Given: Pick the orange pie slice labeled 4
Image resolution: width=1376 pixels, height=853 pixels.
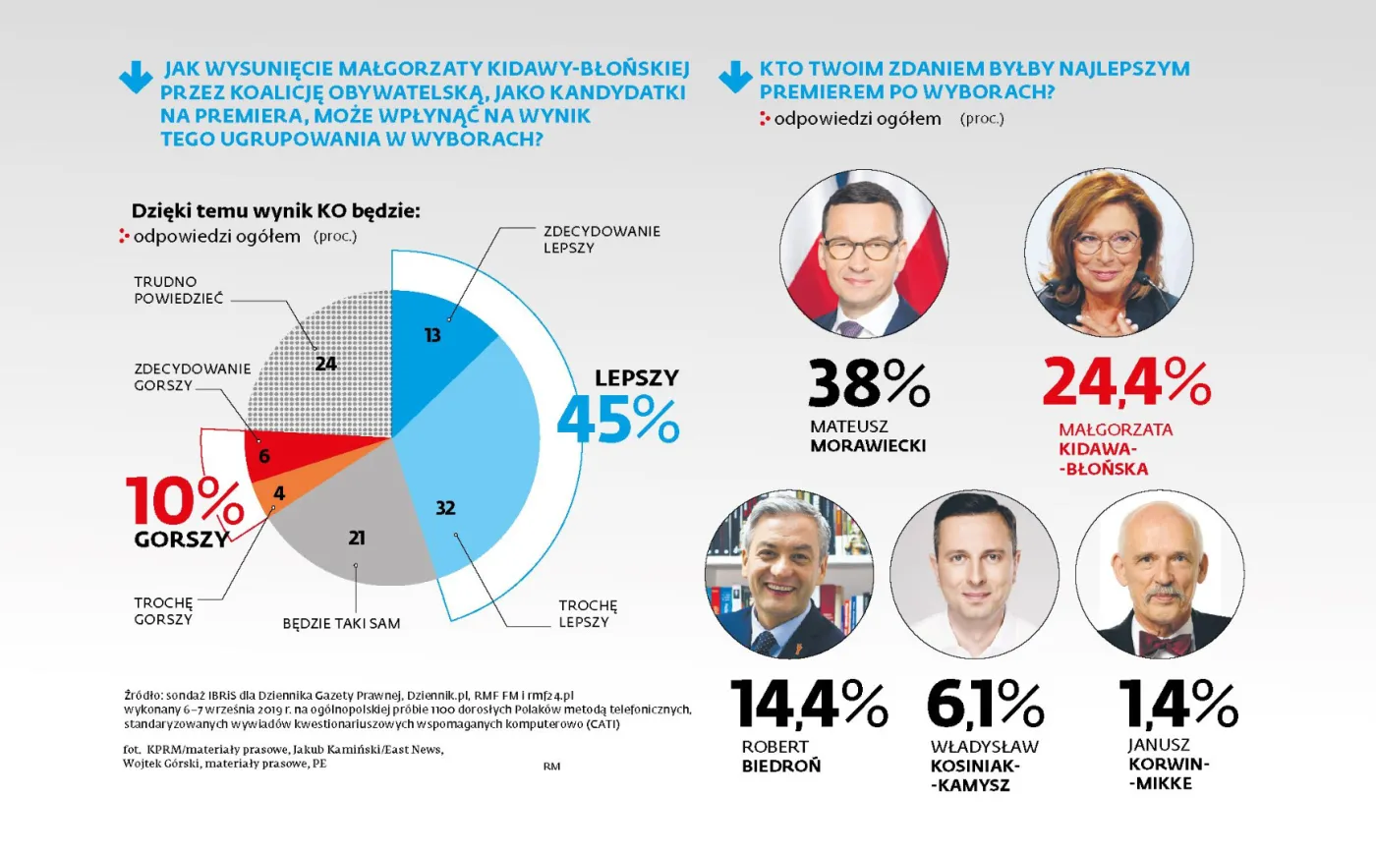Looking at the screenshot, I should pos(279,493).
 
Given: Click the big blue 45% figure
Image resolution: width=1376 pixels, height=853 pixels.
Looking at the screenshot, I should pos(617,420).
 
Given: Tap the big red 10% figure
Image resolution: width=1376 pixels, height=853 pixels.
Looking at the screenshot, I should pos(184,502).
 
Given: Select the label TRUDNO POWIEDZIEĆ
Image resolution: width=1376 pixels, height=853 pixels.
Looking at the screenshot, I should pos(166,289).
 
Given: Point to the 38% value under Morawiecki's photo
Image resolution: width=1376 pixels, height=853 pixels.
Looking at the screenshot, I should pos(868,383).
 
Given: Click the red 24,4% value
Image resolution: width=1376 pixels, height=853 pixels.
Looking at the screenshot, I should pos(1126,383).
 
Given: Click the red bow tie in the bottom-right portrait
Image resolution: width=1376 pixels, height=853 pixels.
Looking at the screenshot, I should pos(1165,645).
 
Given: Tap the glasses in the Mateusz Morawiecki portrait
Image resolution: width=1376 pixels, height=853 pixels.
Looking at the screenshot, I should pos(861,247).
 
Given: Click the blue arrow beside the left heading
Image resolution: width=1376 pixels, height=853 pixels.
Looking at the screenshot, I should pos(136,79).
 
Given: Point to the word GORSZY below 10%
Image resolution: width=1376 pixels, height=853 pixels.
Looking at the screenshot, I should pos(182,540).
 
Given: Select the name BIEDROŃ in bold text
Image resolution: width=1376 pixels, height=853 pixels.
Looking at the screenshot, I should pos(781,767).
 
